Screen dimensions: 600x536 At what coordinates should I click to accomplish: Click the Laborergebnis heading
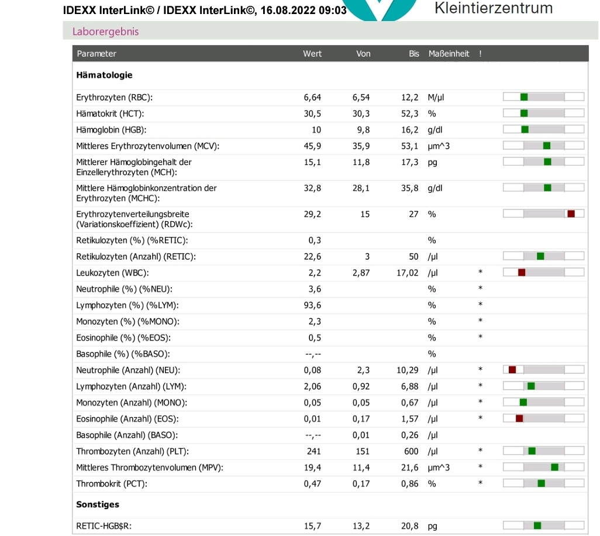106,32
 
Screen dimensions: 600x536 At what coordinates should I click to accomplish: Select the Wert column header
312,54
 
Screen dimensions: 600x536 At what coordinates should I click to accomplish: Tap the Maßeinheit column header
449,54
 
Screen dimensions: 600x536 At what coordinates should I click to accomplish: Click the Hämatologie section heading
104,75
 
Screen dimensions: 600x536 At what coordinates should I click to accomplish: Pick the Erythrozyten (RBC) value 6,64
312,98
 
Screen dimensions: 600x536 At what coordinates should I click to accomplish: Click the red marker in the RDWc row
571,214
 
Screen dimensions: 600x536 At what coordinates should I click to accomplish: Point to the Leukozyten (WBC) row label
112,273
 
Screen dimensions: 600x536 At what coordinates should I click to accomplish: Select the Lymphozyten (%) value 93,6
312,305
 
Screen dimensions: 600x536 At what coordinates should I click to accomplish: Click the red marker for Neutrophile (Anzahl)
512,370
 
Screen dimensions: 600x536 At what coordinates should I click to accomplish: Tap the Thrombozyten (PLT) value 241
314,451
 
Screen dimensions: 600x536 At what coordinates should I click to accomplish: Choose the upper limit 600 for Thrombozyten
411,451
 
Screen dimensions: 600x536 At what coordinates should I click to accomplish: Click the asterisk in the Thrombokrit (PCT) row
480,483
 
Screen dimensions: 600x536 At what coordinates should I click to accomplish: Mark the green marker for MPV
554,467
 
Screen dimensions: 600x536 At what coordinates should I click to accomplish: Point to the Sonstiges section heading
98,504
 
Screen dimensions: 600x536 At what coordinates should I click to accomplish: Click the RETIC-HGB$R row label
104,527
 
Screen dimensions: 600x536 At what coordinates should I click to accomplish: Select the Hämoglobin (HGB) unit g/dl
435,130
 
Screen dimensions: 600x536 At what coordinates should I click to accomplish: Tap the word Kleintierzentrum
494,8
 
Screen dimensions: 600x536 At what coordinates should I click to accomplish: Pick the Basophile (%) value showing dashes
313,355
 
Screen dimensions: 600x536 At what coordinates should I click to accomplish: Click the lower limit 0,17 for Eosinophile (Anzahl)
361,419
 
